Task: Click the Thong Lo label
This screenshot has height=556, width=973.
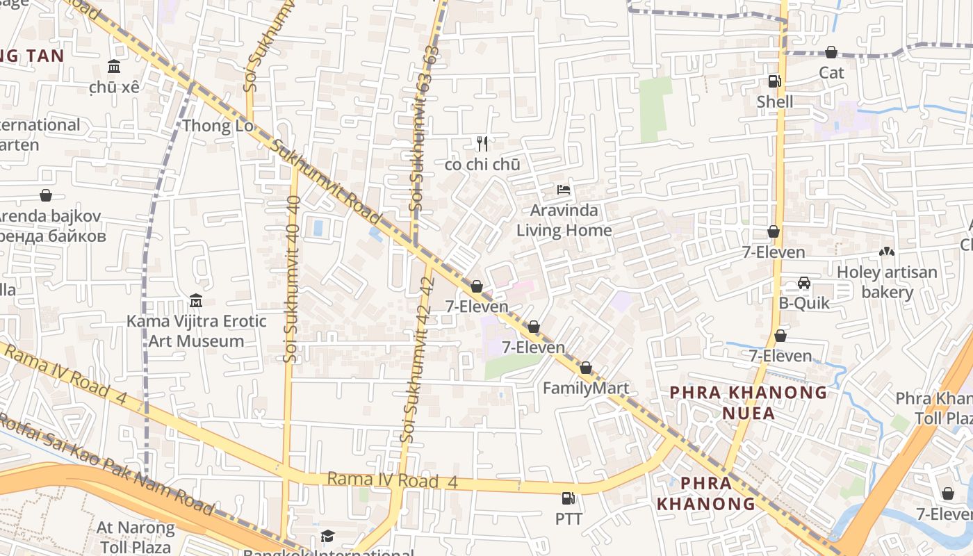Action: click(217, 126)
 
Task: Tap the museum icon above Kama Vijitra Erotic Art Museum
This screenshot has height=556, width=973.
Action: click(196, 301)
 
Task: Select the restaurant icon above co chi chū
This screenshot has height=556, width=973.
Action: click(482, 144)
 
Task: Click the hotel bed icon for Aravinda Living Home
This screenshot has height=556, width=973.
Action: click(564, 190)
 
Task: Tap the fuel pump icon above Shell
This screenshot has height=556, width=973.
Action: click(774, 81)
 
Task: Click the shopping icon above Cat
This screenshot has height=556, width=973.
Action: click(831, 52)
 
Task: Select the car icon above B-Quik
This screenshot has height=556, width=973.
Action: click(804, 283)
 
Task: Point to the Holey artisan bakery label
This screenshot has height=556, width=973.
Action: click(887, 281)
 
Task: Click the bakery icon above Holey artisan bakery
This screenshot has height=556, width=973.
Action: click(887, 252)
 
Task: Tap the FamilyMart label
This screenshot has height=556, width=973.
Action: click(585, 389)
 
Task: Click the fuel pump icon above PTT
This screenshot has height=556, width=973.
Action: click(568, 498)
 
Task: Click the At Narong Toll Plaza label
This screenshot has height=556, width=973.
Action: click(136, 537)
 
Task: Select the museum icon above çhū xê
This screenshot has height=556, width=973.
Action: click(114, 67)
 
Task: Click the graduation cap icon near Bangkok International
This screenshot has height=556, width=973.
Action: click(327, 536)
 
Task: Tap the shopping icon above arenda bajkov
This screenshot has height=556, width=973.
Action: click(46, 196)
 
